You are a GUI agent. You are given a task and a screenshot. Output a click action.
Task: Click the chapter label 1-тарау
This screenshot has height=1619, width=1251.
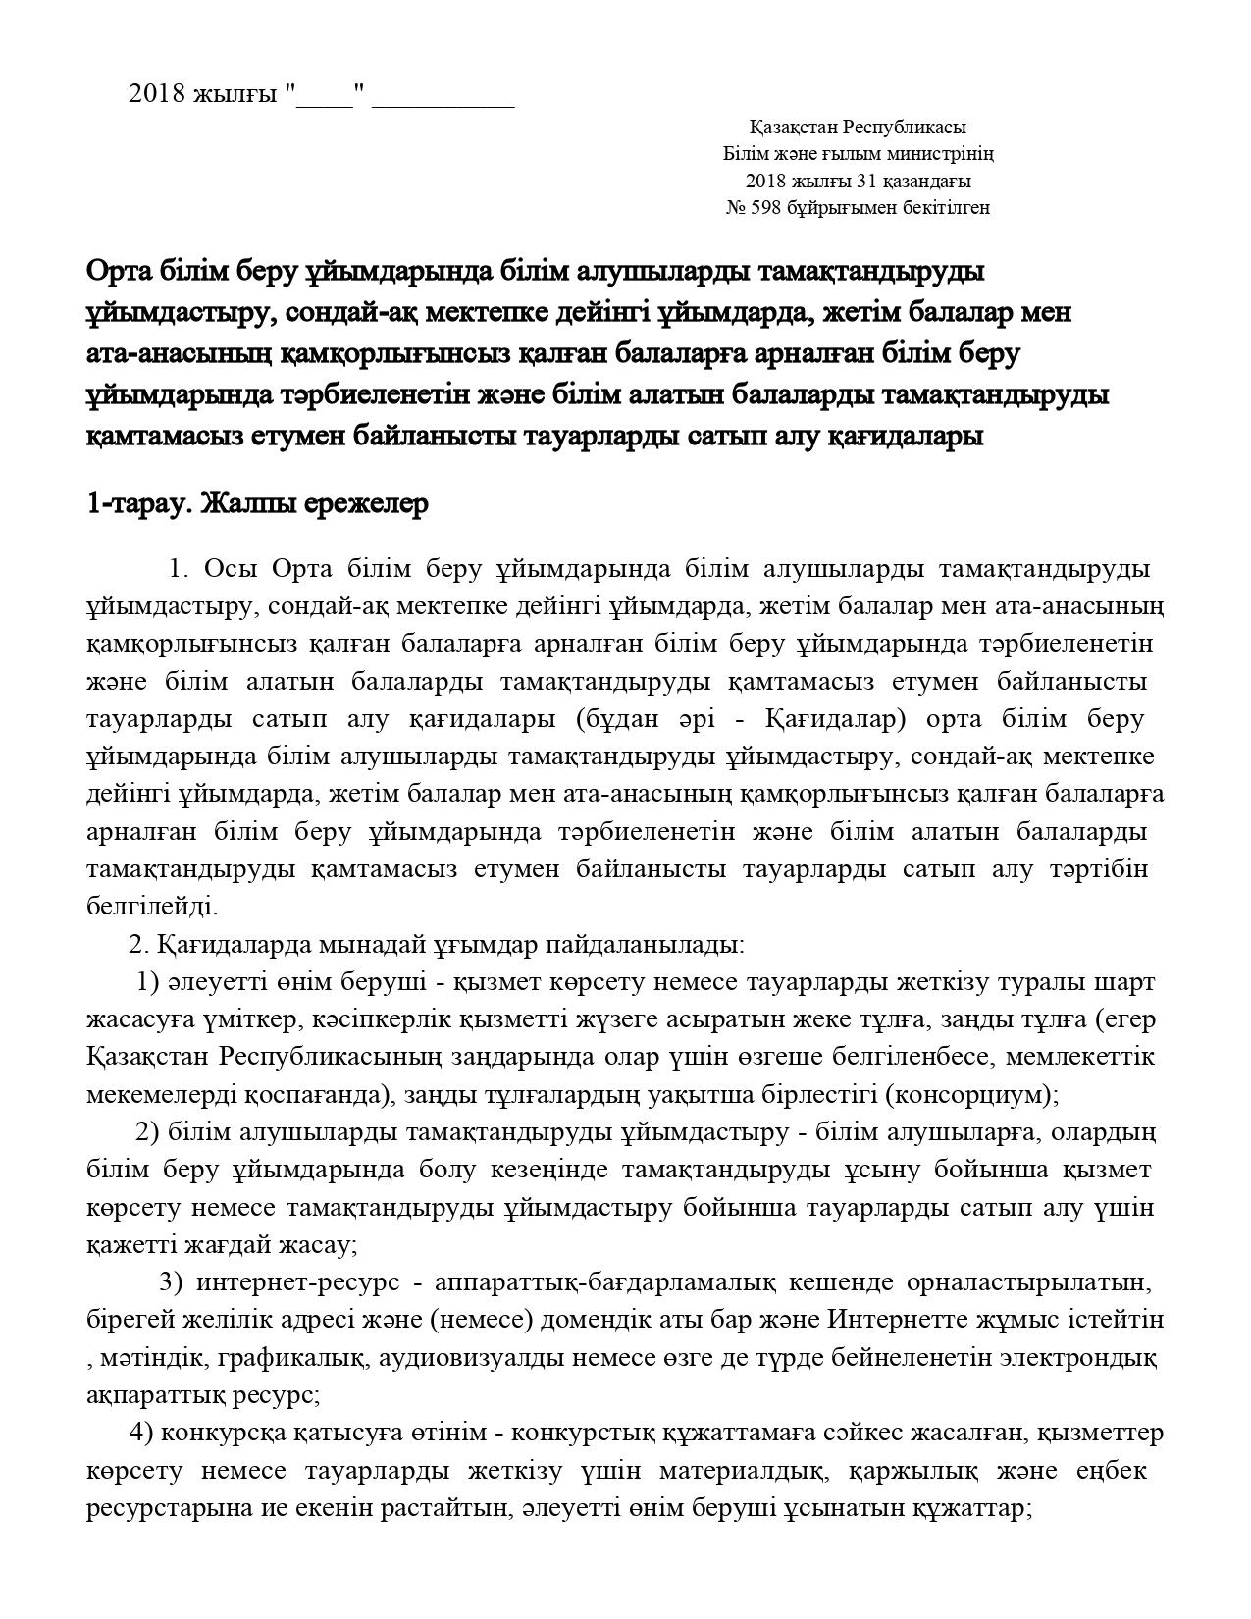(138, 504)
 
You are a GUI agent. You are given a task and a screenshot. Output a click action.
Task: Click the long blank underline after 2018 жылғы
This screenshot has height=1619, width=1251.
(443, 96)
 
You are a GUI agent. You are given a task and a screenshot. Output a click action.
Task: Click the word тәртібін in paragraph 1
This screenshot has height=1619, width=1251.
(1099, 868)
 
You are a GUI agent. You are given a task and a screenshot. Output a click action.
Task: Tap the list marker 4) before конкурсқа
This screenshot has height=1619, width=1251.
(141, 1434)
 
